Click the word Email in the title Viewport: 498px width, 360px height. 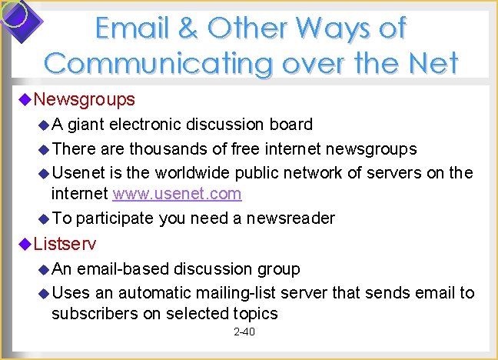coord(133,28)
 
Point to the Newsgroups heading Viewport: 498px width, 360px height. coord(85,99)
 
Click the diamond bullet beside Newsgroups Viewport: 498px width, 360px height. coord(25,99)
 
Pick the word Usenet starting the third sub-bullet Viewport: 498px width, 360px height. coord(79,172)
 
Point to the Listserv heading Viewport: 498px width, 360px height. coord(66,245)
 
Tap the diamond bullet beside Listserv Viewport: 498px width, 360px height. coord(25,245)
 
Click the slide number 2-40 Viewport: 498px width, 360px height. coord(244,332)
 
